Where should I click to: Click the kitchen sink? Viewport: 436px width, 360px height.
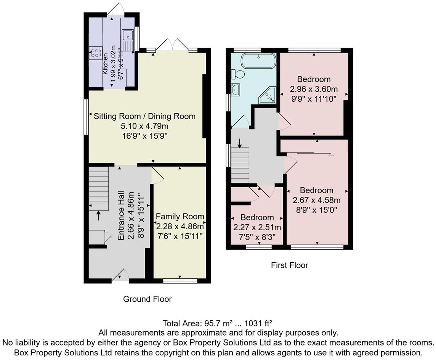[127, 36]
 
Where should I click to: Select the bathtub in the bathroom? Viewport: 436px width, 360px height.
[259, 61]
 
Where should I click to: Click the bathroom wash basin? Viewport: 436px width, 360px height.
[236, 90]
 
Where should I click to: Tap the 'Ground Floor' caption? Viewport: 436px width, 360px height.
[147, 299]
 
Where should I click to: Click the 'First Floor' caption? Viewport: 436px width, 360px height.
[289, 265]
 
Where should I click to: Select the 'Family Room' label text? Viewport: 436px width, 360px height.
[180, 217]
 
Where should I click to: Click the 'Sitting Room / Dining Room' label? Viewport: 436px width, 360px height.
[144, 116]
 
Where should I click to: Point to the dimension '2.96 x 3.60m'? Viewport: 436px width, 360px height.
[314, 89]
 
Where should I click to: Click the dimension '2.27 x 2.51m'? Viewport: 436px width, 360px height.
[257, 228]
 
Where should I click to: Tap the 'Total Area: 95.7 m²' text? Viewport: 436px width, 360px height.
[197, 323]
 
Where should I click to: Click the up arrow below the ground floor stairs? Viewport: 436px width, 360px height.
[99, 215]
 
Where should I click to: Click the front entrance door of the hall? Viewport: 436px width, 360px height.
[120, 275]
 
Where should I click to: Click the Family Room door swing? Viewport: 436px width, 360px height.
[157, 175]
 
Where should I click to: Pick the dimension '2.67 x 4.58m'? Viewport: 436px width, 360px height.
[316, 200]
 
